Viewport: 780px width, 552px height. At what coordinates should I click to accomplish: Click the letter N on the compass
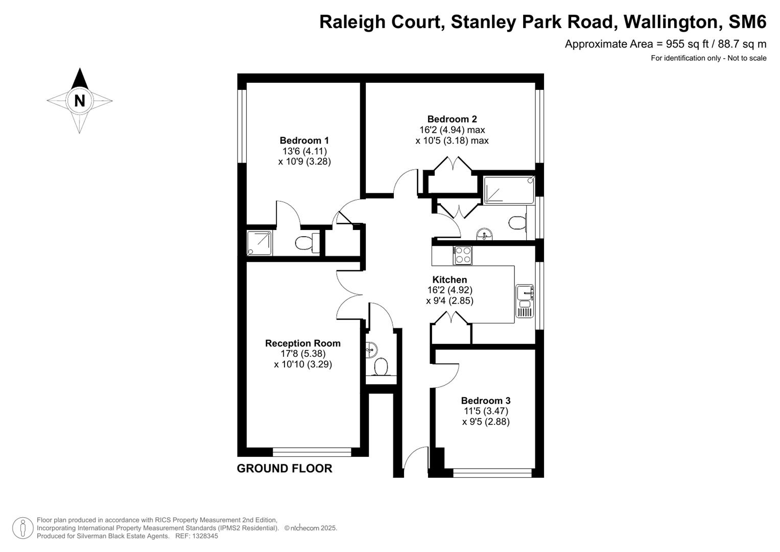pyautogui.click(x=79, y=101)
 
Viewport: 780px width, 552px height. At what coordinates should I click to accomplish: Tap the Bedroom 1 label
pyautogui.click(x=304, y=141)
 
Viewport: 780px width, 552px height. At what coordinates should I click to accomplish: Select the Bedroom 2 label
pyautogui.click(x=452, y=119)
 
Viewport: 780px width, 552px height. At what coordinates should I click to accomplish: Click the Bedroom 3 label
pyautogui.click(x=485, y=401)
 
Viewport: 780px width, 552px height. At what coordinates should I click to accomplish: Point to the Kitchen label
pyautogui.click(x=450, y=280)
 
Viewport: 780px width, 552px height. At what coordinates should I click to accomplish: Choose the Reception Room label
pyautogui.click(x=302, y=343)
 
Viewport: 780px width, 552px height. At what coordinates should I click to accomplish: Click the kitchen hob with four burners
pyautogui.click(x=463, y=255)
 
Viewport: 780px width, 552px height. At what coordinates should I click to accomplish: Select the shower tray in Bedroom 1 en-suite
pyautogui.click(x=259, y=243)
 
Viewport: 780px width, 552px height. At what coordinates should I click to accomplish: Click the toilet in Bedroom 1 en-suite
pyautogui.click(x=305, y=243)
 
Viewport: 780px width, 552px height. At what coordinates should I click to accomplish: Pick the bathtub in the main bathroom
pyautogui.click(x=508, y=190)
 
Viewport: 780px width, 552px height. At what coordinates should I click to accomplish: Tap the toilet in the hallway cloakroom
pyautogui.click(x=381, y=366)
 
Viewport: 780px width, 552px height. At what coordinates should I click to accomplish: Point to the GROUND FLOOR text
pyautogui.click(x=284, y=468)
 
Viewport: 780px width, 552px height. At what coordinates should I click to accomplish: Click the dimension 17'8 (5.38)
pyautogui.click(x=302, y=354)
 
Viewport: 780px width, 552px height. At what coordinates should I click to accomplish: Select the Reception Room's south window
pyautogui.click(x=312, y=452)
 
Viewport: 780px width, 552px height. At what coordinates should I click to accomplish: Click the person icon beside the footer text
pyautogui.click(x=22, y=528)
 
